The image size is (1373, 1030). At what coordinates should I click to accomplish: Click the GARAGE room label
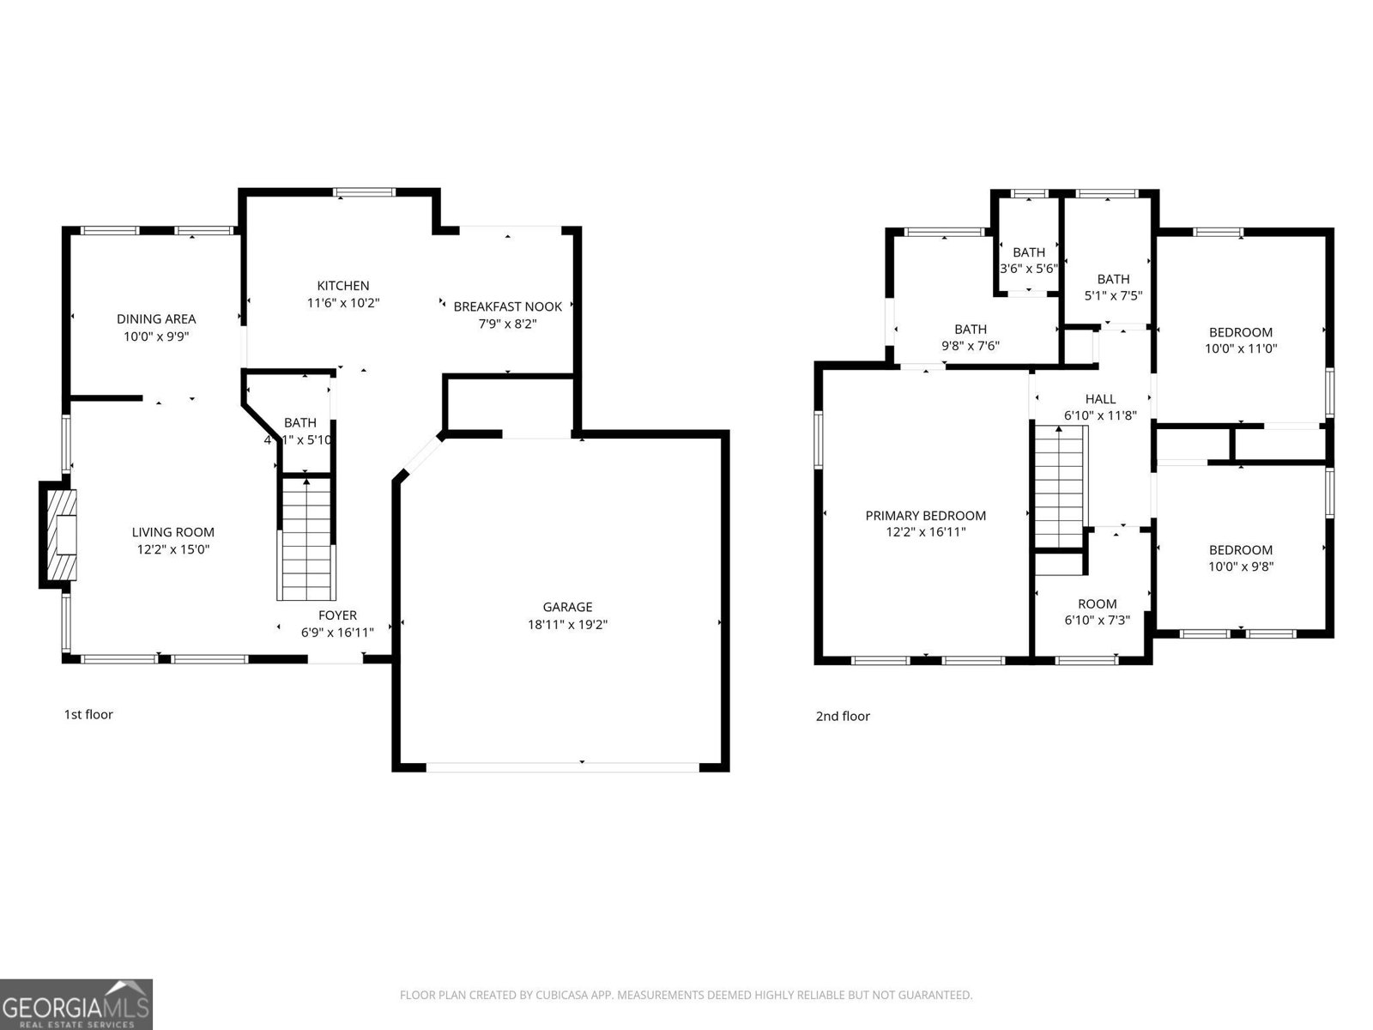pos(567,607)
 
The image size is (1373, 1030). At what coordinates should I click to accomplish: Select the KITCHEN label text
pos(343,286)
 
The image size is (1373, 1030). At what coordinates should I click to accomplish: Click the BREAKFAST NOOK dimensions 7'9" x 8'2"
pos(507,324)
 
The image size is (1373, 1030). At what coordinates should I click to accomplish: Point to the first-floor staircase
pos(306,539)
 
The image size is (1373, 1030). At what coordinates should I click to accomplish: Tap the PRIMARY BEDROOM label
pos(925,515)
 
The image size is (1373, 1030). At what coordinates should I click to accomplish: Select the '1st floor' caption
pos(88,714)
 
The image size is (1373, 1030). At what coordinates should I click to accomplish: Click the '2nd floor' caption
pos(842,716)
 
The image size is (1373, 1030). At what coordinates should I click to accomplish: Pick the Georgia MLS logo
pos(76,1004)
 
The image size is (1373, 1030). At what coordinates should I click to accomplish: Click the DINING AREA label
pos(156,318)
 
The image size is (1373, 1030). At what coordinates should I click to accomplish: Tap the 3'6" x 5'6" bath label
pos(1028,260)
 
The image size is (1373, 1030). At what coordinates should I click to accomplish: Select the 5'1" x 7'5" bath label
pos(1113,288)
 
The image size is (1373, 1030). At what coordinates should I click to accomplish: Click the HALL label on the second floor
pos(1100,398)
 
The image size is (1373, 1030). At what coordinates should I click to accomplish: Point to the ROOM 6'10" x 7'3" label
pos(1097,611)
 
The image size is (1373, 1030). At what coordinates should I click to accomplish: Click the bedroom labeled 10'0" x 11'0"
pos(1240,340)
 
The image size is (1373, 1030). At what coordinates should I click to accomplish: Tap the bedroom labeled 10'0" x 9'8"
pos(1240,558)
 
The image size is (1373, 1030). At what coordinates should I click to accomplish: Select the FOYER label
pos(337,615)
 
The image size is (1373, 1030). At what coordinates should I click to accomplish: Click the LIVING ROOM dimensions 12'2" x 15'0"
pos(172,549)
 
